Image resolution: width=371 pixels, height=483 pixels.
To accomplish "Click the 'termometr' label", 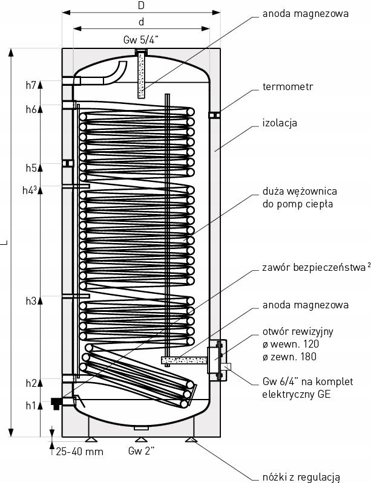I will point(288,87).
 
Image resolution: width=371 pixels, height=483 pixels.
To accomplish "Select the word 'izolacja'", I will point(280,123).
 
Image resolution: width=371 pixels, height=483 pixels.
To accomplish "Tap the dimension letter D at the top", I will point(141,6).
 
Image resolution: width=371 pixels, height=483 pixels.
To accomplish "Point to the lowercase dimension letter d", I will point(141,22).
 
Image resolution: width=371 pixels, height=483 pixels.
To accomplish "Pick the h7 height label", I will point(31,85).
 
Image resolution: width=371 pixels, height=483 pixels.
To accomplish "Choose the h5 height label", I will point(31,167).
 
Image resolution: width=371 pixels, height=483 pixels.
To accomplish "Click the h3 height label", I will point(31,300).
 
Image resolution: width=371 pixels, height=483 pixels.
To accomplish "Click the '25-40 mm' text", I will point(79,452).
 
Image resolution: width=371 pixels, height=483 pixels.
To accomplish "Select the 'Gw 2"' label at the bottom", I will point(142,452).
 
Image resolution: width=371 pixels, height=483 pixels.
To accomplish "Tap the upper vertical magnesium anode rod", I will point(142,75).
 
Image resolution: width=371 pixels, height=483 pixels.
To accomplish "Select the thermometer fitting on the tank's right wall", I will point(214,114).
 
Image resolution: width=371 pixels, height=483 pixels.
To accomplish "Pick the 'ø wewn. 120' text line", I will point(290,344).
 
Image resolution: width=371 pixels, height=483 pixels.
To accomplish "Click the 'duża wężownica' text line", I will point(300,191).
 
